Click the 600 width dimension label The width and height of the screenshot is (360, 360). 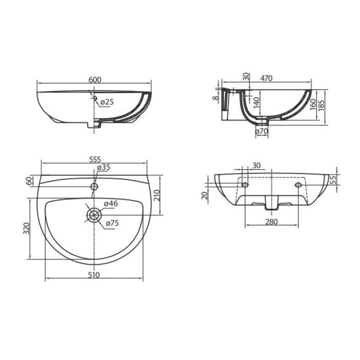tap(95, 79)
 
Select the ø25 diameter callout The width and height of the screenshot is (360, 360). tap(107, 102)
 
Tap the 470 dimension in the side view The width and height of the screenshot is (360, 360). tap(266, 78)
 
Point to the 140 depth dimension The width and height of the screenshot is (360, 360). tap(257, 102)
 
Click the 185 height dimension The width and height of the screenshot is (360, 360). tap(321, 105)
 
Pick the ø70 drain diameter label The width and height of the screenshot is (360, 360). tap(261, 131)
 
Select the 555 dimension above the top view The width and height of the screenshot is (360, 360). tap(95, 159)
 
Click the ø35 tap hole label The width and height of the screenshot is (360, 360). tap(103, 167)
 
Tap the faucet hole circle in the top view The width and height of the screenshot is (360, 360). tap(94, 186)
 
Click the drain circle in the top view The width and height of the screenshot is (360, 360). tap(94, 215)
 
